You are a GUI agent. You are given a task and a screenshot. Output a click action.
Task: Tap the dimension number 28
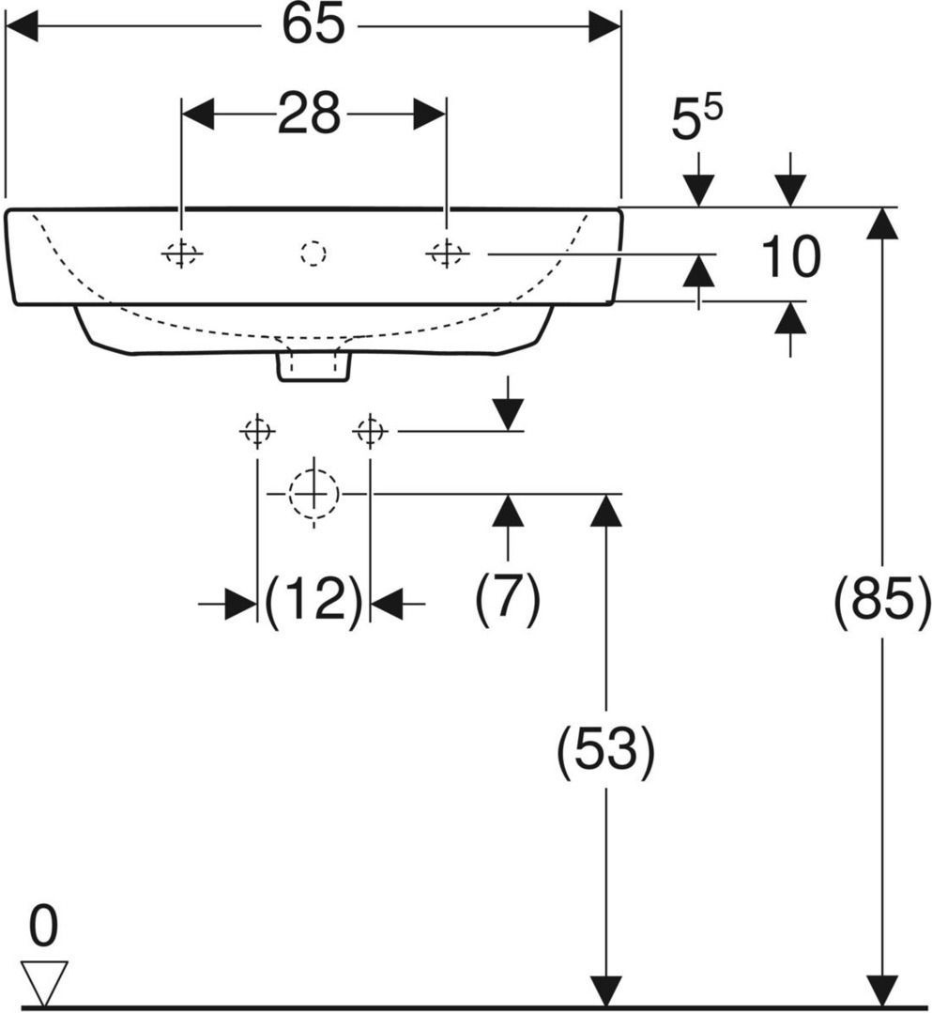309,114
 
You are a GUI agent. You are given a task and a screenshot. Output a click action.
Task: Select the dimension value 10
790,257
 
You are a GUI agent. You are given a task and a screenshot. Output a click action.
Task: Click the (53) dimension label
605,750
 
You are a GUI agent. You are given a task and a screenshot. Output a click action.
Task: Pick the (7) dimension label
508,598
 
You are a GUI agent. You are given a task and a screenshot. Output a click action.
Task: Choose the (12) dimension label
313,600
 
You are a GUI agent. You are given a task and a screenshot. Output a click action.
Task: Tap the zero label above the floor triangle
43,926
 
